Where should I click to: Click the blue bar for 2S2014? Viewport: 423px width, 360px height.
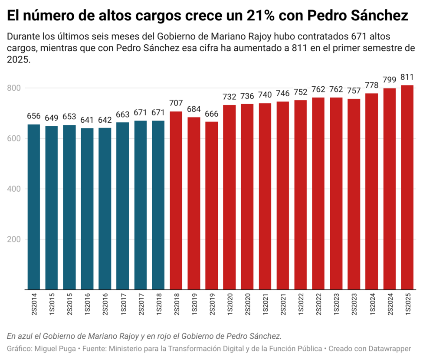pos(34,207)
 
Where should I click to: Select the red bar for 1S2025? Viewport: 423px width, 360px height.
pos(407,187)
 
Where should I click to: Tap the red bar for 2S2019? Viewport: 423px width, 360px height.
pos(212,206)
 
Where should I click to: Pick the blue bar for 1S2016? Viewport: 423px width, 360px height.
pos(87,209)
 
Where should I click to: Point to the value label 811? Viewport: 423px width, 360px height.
pos(407,78)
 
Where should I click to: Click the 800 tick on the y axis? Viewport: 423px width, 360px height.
pos(14,88)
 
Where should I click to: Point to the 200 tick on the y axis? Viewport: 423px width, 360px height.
pos(14,239)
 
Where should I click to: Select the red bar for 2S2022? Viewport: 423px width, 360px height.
pos(318,193)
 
